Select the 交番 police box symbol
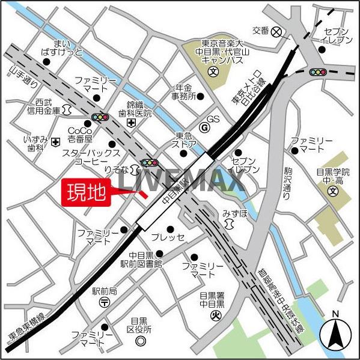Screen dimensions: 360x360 coord(276,32)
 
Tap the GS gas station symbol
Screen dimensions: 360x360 coord(204,127)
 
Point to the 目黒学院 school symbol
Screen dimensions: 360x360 coord(333,192)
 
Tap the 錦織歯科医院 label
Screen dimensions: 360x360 coord(139,108)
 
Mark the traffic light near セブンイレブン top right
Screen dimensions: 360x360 coord(317,72)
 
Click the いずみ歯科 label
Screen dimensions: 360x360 coord(35,144)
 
